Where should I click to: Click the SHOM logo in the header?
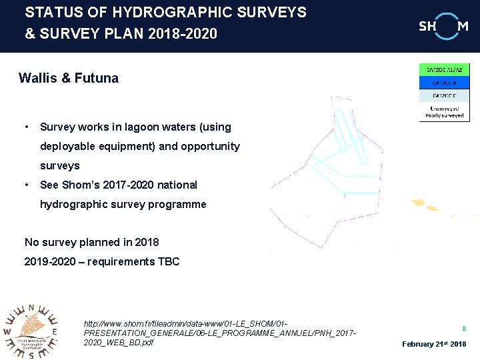click(443, 26)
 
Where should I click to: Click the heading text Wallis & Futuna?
click(69, 78)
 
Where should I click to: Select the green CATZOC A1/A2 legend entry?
click(444, 69)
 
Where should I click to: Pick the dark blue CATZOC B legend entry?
click(444, 83)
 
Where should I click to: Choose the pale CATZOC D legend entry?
click(444, 95)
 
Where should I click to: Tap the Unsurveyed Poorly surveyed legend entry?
click(444, 111)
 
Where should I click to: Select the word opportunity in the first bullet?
click(209, 146)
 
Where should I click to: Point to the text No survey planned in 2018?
click(91, 242)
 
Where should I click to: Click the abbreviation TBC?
click(168, 261)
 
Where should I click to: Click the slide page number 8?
click(464, 328)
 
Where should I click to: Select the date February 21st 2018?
click(434, 344)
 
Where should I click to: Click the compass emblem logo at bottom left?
click(31, 330)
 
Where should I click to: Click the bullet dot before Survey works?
click(25, 127)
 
